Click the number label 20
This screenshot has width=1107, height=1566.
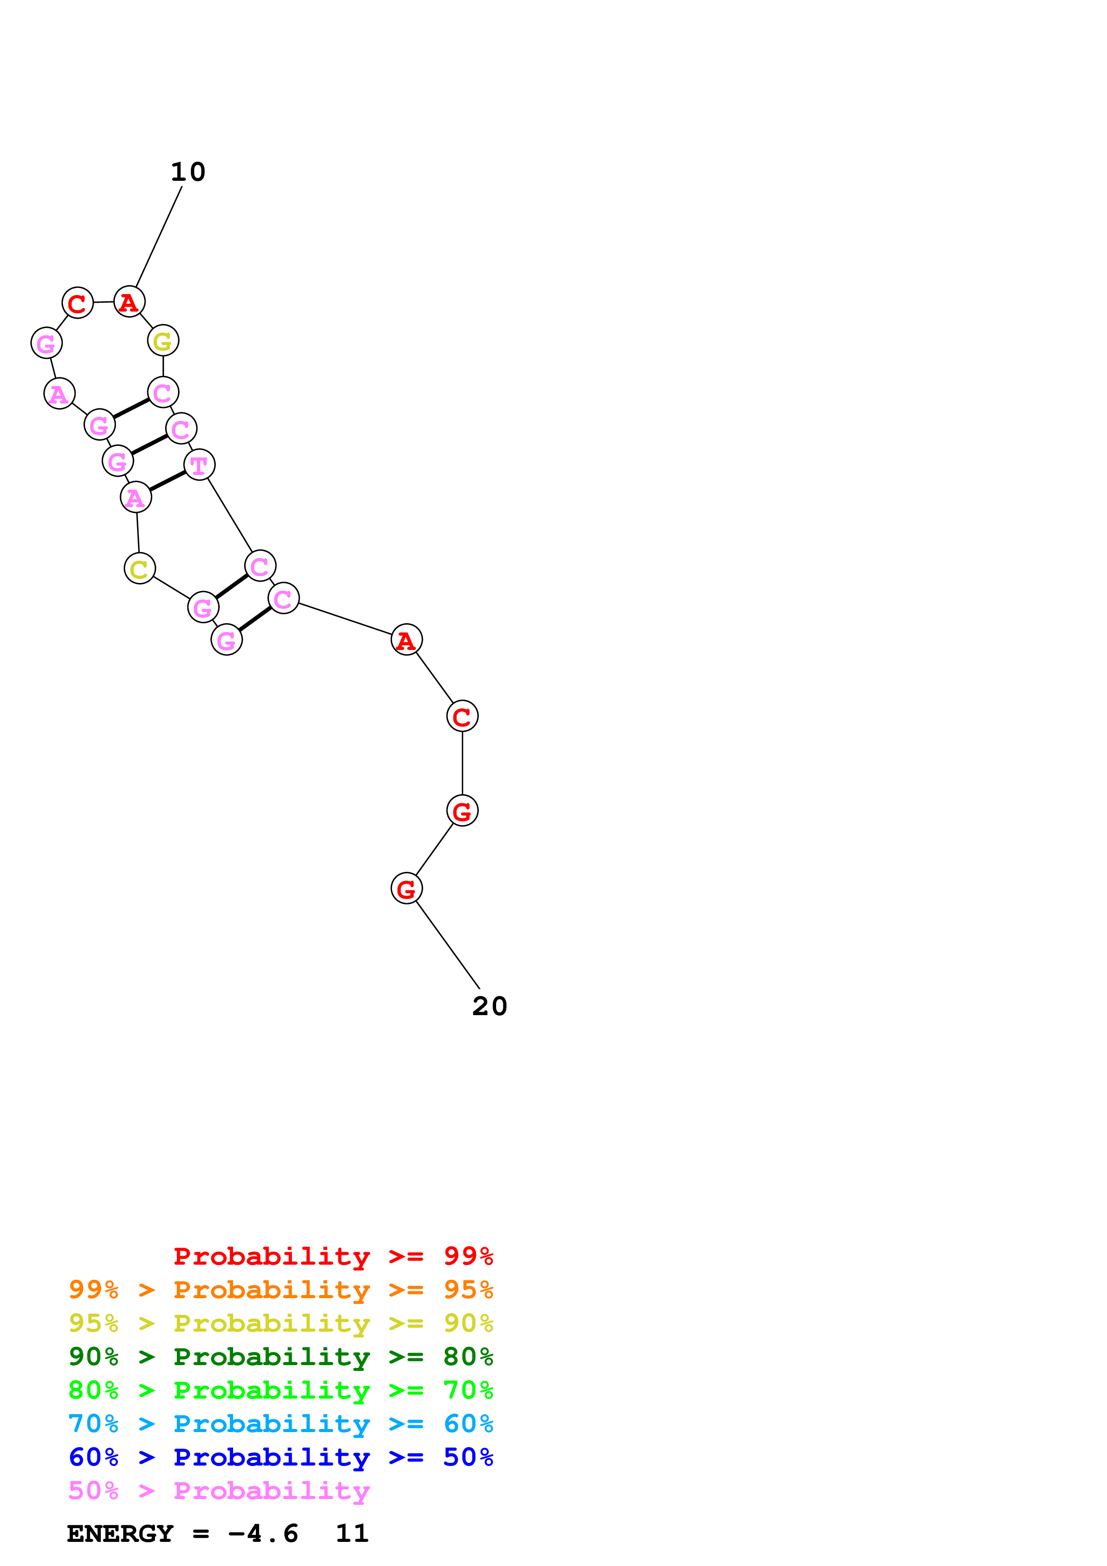(x=490, y=1006)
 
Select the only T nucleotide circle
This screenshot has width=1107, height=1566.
(x=199, y=465)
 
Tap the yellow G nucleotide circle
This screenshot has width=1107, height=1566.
(x=163, y=340)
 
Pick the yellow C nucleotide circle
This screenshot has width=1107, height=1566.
(x=140, y=568)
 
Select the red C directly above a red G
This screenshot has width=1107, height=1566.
(x=463, y=716)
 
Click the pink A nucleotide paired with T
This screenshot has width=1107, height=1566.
(x=136, y=497)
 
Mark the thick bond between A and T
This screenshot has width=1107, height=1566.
(x=167, y=481)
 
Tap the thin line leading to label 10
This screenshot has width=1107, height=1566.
(x=159, y=237)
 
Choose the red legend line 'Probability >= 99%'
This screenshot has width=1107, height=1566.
(x=334, y=1256)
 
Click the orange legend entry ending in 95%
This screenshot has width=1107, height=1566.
(x=281, y=1290)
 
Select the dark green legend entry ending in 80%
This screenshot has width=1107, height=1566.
(x=281, y=1357)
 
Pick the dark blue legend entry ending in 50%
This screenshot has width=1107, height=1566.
(x=281, y=1457)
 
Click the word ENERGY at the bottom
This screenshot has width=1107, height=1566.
(x=120, y=1533)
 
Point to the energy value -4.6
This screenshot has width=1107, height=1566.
(x=263, y=1533)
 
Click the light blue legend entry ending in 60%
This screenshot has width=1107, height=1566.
(x=281, y=1424)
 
